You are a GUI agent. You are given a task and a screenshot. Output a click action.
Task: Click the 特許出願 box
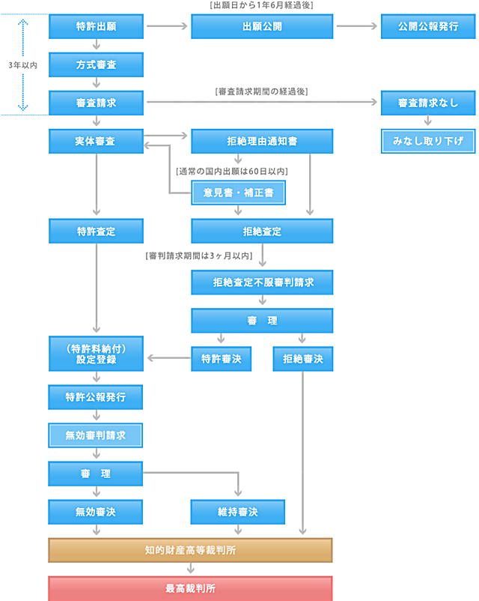point(95,26)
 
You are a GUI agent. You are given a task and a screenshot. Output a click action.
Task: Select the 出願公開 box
point(262,26)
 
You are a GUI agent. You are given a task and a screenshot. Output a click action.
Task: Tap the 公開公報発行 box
point(429,26)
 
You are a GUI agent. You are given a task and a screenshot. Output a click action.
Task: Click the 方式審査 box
point(95,64)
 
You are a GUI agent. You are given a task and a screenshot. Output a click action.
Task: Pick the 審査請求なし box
point(429,103)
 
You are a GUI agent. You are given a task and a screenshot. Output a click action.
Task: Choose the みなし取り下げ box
point(429,141)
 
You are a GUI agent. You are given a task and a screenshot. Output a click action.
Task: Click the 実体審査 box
point(95,141)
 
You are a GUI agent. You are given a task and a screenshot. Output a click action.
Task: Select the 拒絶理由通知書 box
point(262,141)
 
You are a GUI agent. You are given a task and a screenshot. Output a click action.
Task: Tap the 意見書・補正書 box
point(238,193)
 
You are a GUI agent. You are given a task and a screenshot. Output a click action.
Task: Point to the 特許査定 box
point(95,231)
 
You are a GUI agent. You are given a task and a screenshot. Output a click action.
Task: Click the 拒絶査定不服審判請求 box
point(262,283)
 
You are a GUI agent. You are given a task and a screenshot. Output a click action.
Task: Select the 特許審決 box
point(221,359)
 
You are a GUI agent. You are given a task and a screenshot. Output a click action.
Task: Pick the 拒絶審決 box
point(303,359)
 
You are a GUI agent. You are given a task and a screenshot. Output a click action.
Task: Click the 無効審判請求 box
point(95,435)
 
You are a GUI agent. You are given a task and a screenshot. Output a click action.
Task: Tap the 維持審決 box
point(238,512)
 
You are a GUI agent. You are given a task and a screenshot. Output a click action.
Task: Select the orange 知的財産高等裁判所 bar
point(190,550)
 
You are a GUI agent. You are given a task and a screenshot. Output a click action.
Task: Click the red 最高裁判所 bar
point(190,588)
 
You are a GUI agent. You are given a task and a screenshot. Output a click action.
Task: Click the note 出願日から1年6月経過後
point(262,6)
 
